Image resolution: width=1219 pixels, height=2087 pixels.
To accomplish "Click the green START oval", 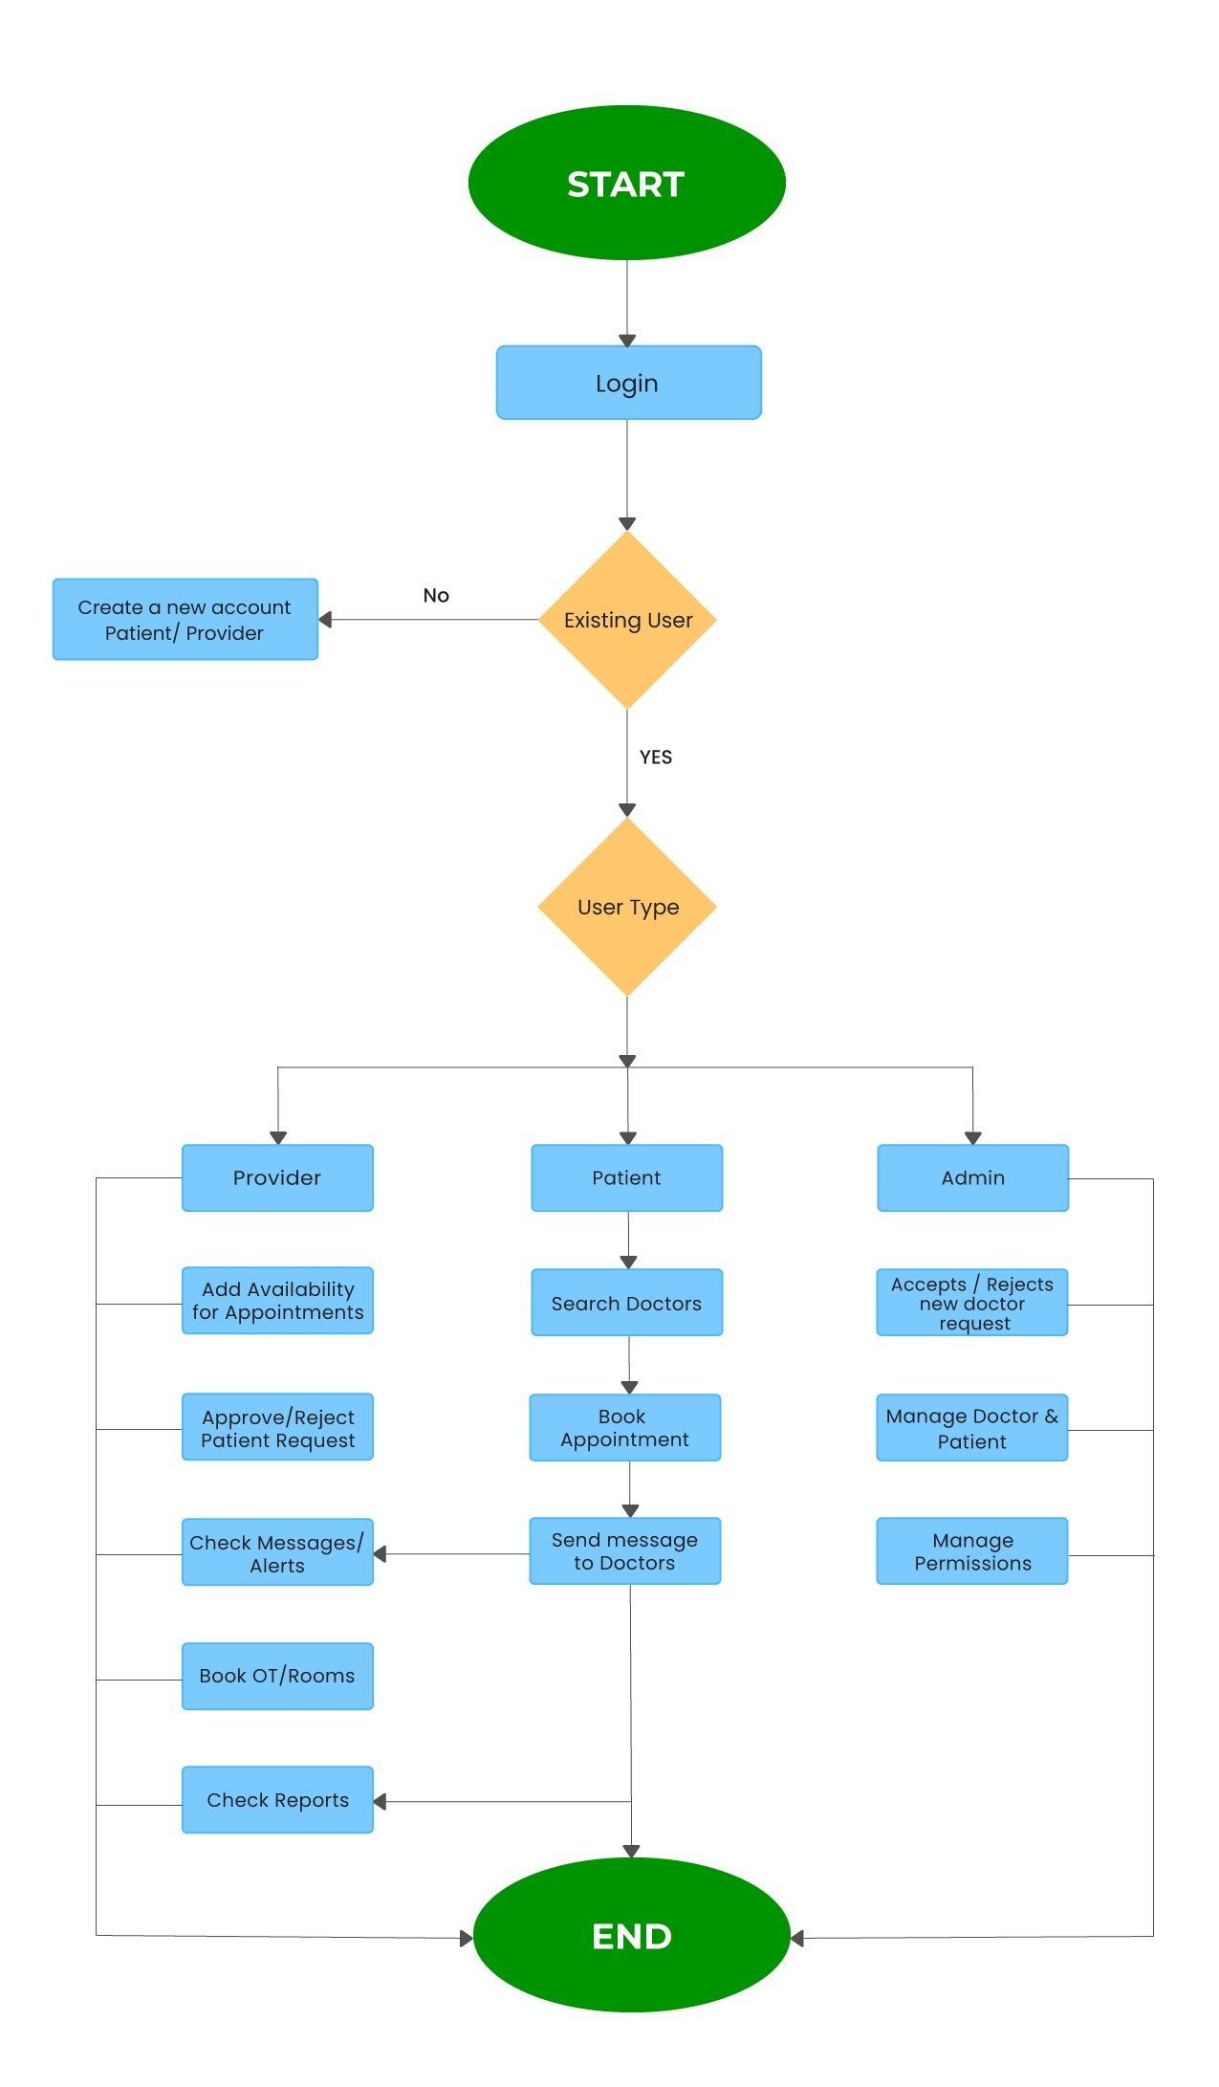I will tap(626, 183).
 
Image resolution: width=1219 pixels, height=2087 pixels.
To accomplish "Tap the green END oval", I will tap(631, 1935).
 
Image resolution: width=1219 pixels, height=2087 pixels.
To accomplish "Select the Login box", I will tap(628, 383).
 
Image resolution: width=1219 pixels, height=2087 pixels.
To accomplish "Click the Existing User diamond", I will tap(627, 620).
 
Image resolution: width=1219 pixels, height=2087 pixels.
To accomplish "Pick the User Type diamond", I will tap(627, 907).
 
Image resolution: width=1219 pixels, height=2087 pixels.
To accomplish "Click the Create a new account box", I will tap(185, 619).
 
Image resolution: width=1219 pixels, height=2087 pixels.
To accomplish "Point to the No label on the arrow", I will tap(436, 596).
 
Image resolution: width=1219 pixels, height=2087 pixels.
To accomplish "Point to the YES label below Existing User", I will tap(656, 758).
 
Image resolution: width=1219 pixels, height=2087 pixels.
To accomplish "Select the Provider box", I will tap(277, 1177).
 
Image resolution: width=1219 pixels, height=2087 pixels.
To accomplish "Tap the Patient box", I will tap(626, 1177).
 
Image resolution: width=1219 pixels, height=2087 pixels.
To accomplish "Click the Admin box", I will tap(972, 1177).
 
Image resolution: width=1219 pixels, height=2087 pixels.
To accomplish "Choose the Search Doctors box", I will tap(626, 1303).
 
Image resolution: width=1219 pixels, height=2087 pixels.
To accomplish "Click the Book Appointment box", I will tap(624, 1427).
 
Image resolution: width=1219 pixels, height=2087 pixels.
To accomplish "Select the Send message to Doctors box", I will tap(624, 1550).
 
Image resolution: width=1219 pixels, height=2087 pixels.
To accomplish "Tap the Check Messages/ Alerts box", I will tap(277, 1552).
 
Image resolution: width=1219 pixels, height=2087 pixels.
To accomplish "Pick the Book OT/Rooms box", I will tap(277, 1676).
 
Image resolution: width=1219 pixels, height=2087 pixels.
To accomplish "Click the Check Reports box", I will tap(277, 1799).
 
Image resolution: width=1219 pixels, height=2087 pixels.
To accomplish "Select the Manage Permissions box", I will tap(971, 1550).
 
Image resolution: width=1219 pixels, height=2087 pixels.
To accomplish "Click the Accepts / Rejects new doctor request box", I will tap(971, 1303).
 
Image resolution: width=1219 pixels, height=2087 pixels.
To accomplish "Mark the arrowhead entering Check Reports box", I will tap(381, 1802).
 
